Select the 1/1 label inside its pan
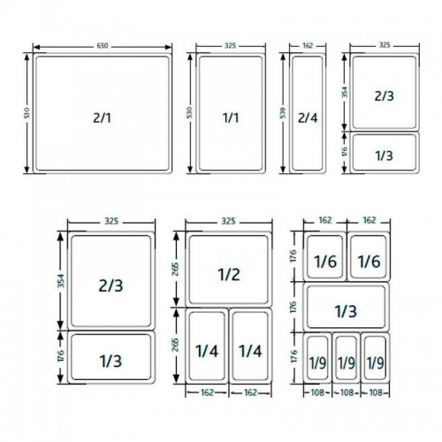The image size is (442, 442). click(x=230, y=116)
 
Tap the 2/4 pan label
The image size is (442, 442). click(x=307, y=116)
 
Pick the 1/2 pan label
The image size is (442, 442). click(x=228, y=274)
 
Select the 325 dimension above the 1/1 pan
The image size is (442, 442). click(x=229, y=44)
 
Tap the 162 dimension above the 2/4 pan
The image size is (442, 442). click(x=307, y=44)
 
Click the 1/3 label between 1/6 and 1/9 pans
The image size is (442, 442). click(x=346, y=310)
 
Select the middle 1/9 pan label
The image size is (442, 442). click(x=346, y=362)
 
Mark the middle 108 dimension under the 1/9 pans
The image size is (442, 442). click(x=346, y=391)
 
